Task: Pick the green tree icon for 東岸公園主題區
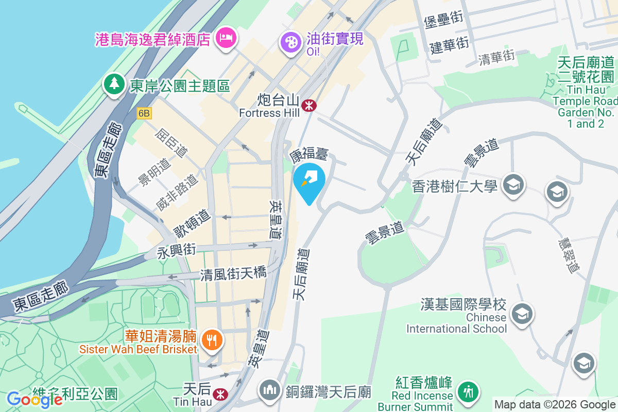114,83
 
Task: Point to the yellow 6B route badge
144,113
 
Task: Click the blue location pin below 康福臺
309,181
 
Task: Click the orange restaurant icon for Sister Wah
211,339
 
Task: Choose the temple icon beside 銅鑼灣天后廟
269,390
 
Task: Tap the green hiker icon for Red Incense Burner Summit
469,391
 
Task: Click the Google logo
35,399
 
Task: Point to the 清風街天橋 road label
233,274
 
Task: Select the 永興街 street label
177,251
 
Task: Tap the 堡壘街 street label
444,20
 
